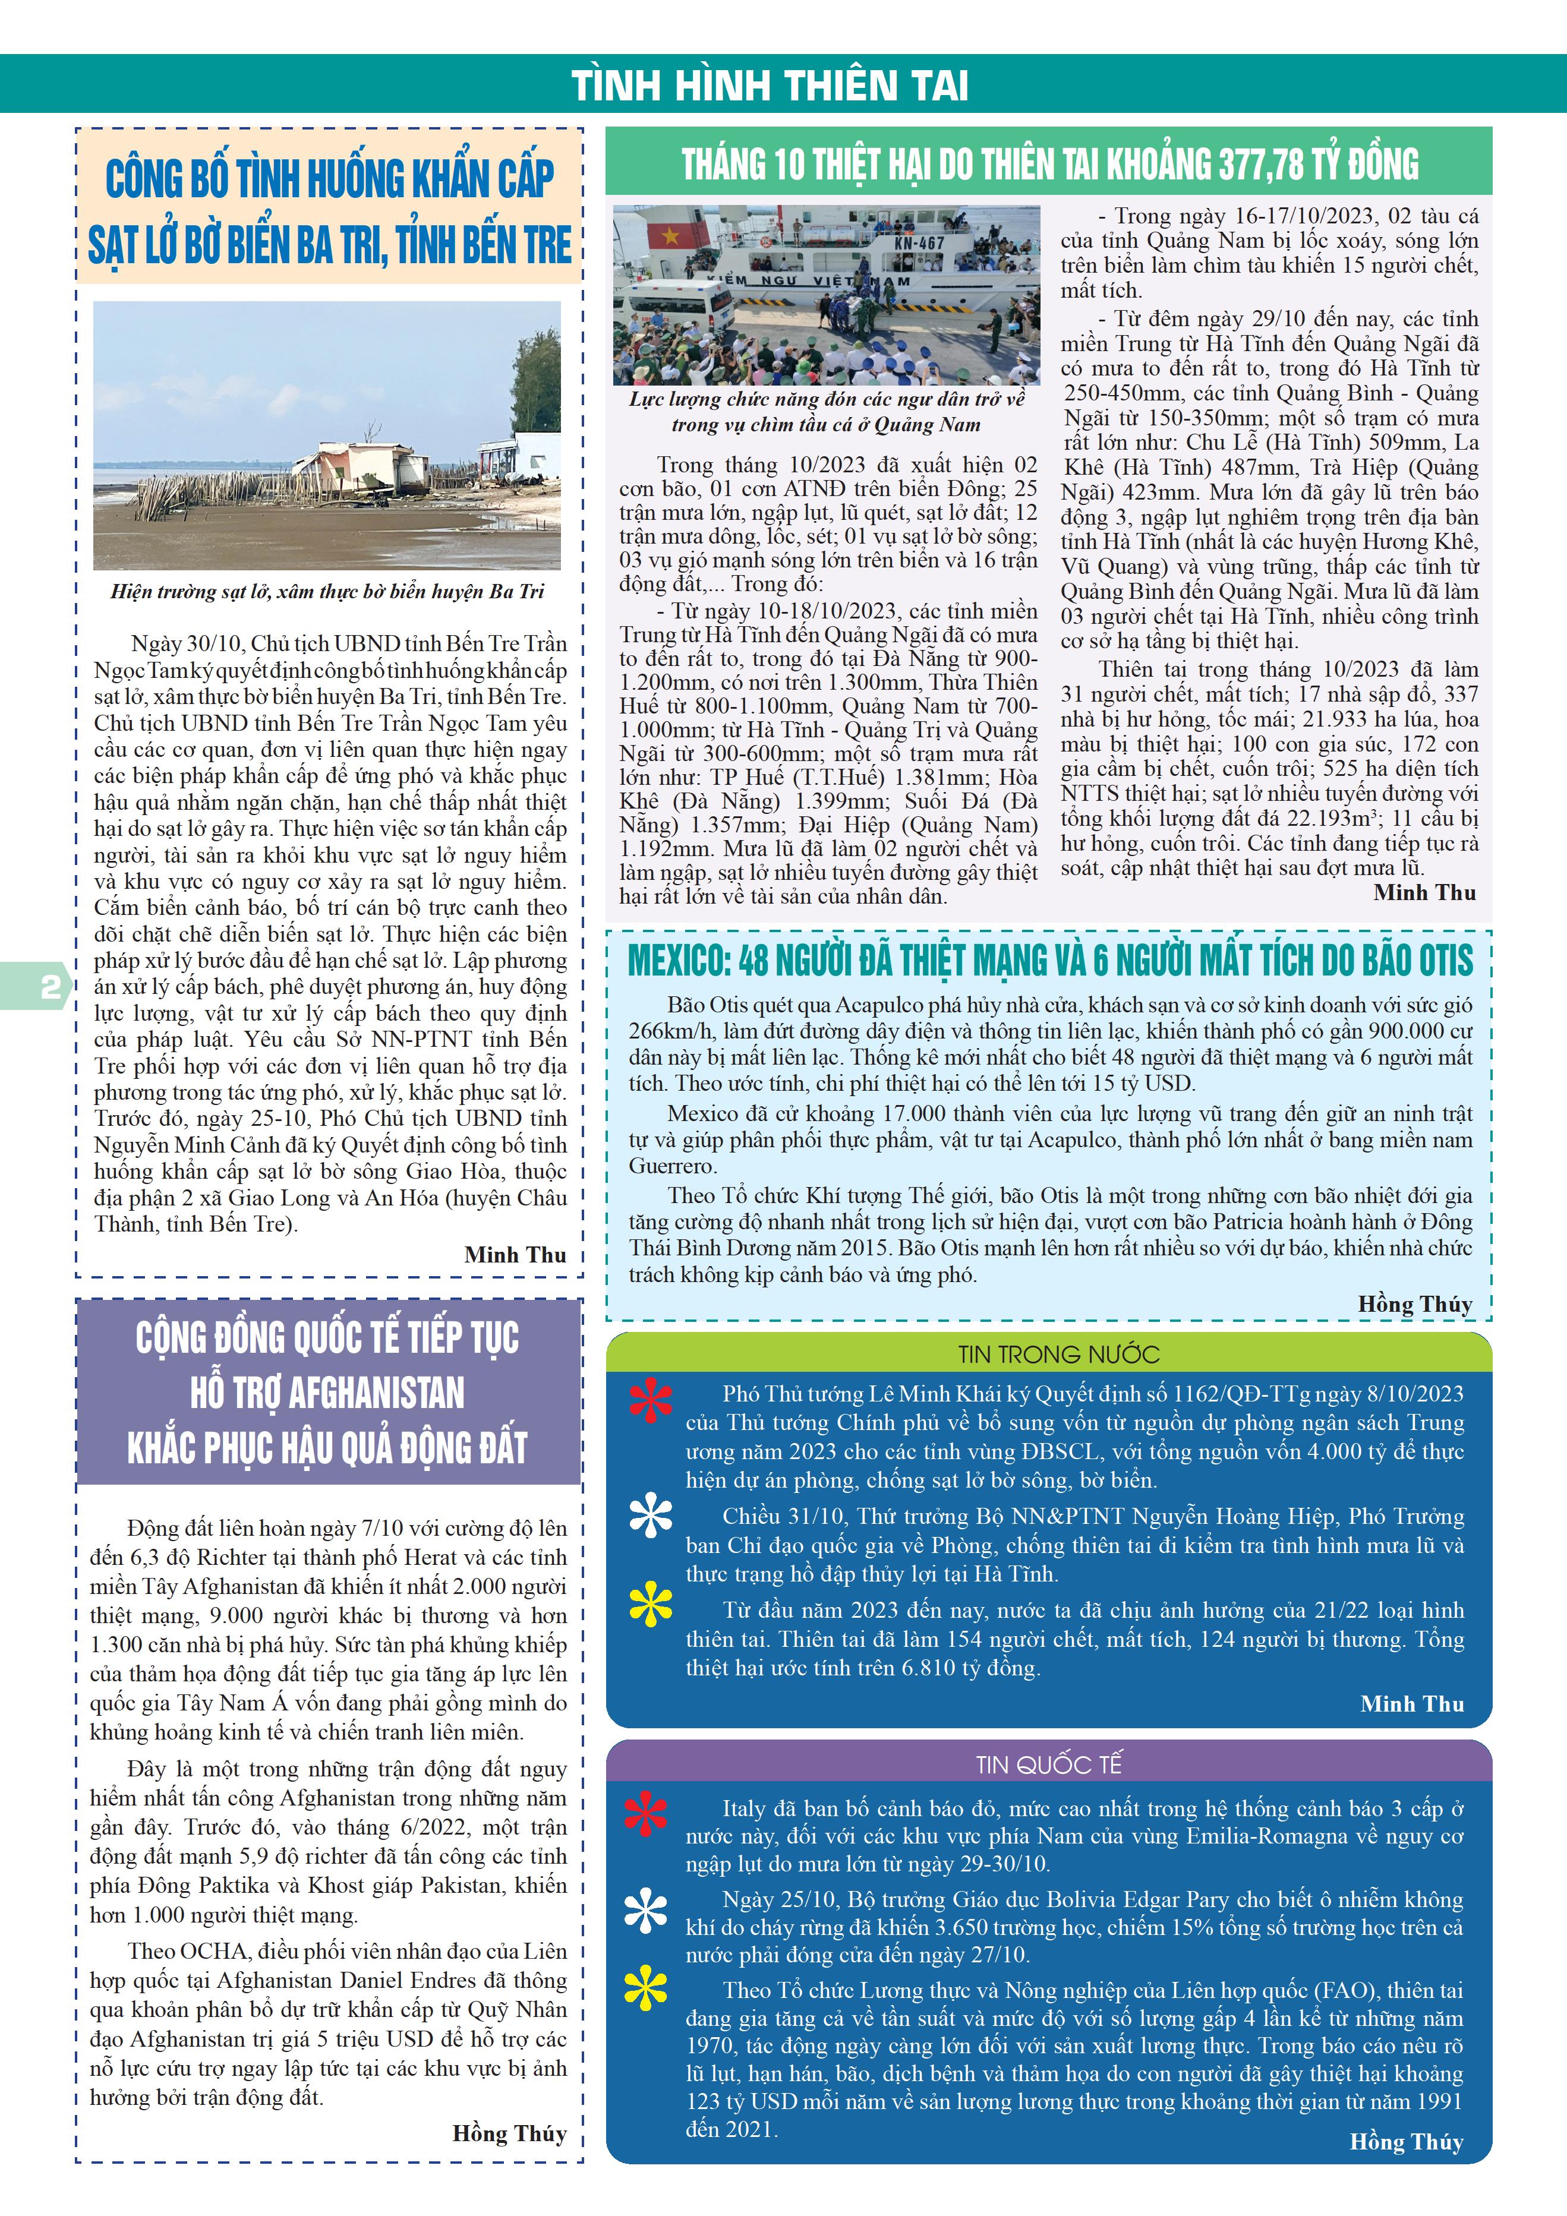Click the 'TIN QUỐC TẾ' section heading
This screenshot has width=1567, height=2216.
1048,1764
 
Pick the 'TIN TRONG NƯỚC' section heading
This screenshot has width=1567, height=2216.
1058,1354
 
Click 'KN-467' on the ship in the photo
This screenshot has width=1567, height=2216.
918,243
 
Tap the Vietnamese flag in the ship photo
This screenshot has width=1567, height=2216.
665,233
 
